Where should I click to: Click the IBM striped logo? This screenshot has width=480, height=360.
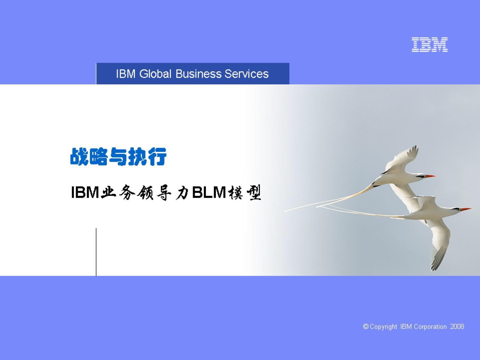point(430,45)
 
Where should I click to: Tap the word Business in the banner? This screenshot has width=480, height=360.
point(198,74)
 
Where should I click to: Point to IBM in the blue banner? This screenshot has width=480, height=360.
point(126,74)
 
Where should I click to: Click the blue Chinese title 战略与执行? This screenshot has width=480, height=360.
point(118,157)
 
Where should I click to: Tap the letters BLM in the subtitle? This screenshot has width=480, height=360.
point(209,192)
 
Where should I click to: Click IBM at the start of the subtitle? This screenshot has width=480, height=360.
point(85,192)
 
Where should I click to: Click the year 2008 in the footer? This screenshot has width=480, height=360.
point(457,327)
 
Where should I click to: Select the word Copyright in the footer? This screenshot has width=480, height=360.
point(383,327)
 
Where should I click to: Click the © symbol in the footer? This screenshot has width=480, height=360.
point(366,327)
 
